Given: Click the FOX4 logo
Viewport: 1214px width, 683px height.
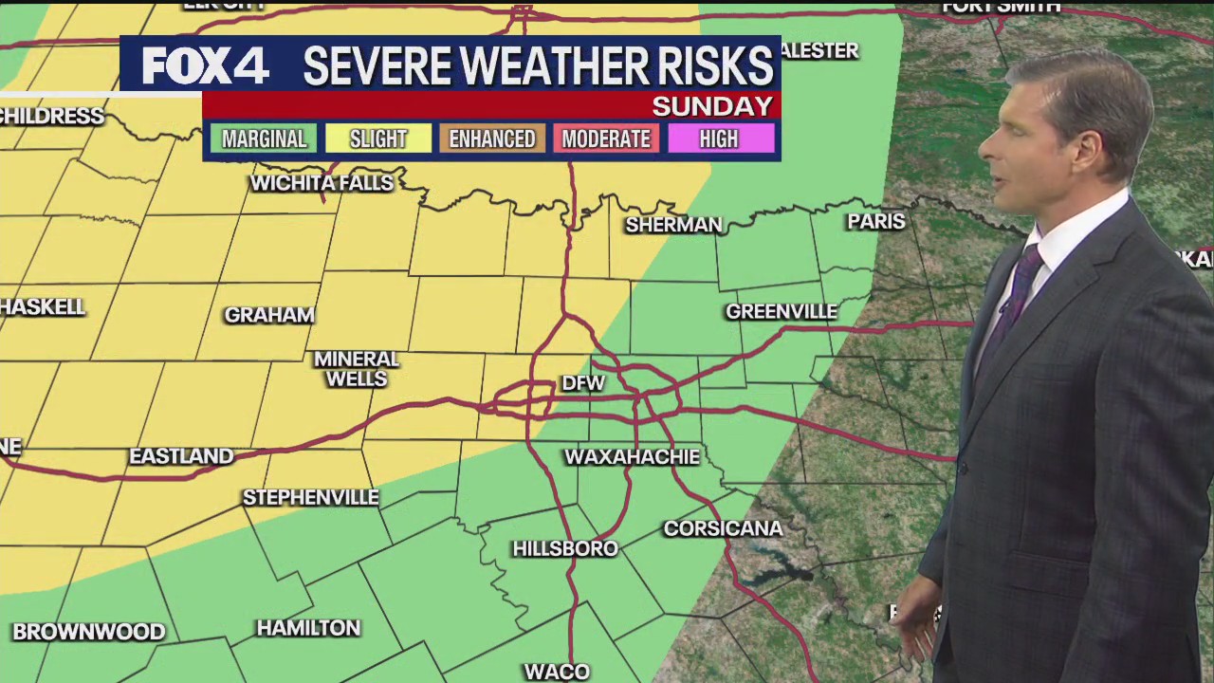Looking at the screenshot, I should point(205,66).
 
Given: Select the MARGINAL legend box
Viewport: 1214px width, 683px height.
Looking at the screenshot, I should point(264,139).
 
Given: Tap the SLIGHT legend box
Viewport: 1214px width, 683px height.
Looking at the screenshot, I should point(377,139).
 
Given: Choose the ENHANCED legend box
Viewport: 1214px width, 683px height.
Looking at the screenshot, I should point(491,139).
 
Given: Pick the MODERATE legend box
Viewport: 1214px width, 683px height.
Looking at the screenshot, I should point(606,139).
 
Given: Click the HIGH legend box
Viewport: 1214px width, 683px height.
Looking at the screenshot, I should point(719,139).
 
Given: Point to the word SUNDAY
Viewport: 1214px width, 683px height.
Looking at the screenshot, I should point(712,106).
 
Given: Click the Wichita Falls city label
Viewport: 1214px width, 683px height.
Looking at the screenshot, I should point(322,183).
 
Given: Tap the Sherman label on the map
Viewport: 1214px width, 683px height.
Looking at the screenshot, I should point(673,225).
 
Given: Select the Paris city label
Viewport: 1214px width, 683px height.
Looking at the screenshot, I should point(876,221).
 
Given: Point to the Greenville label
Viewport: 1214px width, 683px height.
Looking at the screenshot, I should point(782,311).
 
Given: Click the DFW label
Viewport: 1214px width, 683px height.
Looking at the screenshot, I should point(583,383).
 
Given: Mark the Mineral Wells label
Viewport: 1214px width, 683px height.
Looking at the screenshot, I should point(357,369).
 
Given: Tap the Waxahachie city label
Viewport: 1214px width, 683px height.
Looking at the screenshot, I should point(632,457).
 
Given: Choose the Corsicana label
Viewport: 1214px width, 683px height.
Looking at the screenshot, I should point(723,528).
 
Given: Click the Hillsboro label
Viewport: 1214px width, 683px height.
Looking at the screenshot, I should point(565,548).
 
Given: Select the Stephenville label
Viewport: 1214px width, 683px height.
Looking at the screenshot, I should point(310,497).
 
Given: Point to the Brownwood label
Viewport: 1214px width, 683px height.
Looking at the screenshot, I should point(89,632).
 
